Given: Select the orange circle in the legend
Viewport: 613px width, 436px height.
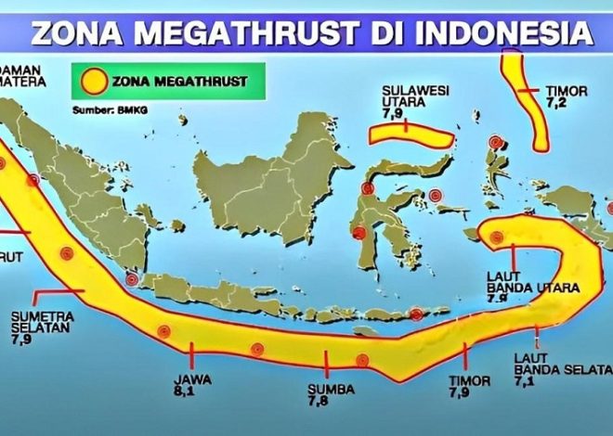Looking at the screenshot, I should point(91,81).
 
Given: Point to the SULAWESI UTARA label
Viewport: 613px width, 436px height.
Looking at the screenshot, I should point(409,96).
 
